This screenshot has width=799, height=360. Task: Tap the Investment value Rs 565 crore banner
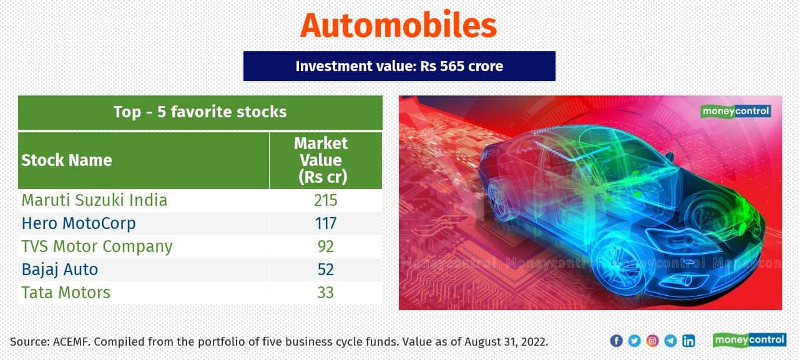coord(399,66)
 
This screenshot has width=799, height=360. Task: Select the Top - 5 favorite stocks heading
coord(200,112)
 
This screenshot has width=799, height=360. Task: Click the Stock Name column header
coord(67,160)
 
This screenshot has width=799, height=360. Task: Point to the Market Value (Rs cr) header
coord(321,160)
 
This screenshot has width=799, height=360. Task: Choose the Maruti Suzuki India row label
coord(94,200)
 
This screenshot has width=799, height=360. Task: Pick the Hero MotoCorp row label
coord(79,223)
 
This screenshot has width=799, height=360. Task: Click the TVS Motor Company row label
coord(97,246)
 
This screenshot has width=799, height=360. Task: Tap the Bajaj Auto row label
coord(60,270)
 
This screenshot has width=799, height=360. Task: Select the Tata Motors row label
coord(66,293)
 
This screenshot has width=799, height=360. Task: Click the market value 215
coord(325,200)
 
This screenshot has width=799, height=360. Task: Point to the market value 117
coord(325,223)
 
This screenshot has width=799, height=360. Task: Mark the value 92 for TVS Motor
coord(325,246)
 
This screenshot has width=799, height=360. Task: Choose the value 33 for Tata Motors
coord(325,293)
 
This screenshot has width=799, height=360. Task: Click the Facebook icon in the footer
coord(616,341)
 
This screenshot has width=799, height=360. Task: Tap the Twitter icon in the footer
coord(634,341)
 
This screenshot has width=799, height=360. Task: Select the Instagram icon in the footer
coord(652,341)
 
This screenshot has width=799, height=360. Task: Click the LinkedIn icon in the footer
coord(689,341)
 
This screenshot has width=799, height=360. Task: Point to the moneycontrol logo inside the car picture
coord(736,112)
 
